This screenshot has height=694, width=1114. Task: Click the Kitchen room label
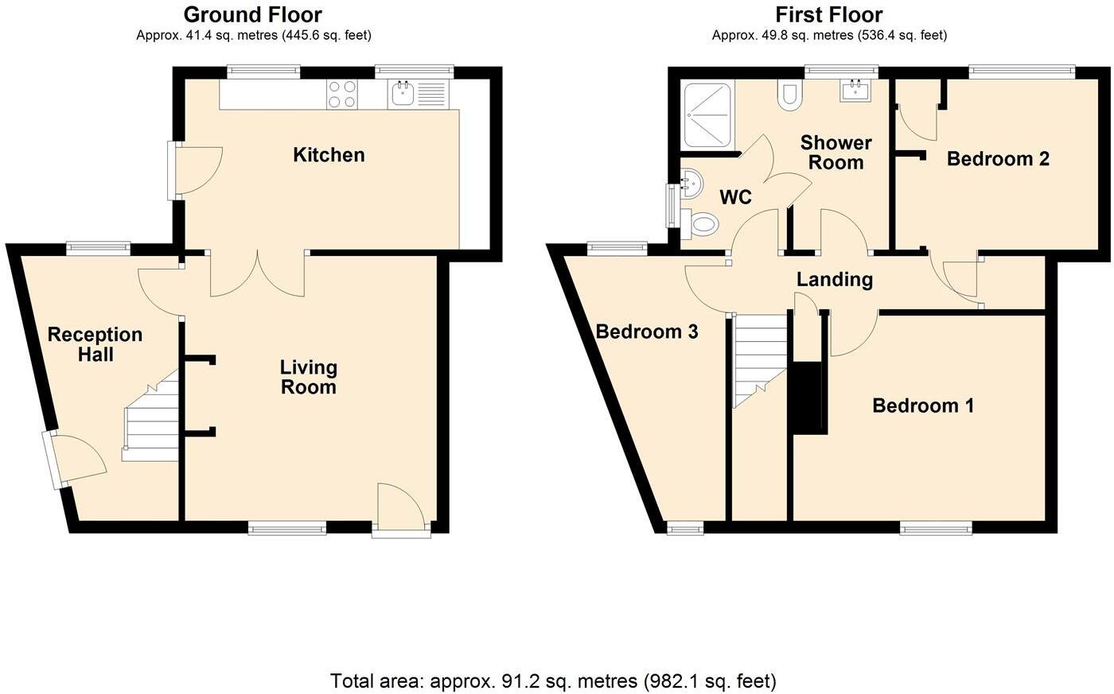coord(329,155)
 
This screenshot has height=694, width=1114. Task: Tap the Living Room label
coord(309,378)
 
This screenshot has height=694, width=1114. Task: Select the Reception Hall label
coord(95,344)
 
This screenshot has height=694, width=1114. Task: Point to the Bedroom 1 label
coord(923,406)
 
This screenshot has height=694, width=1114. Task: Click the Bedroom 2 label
coord(998,159)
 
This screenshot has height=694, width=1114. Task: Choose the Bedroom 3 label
coord(647,331)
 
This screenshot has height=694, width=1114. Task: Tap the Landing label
coord(835,280)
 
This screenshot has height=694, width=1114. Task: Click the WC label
coord(735,197)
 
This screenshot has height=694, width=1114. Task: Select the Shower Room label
coord(835,153)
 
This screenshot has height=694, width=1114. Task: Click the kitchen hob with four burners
coord(343,95)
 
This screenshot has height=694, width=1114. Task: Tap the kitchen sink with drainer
coord(419,95)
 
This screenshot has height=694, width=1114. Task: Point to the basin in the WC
coord(690,184)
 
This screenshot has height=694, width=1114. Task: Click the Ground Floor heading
coord(253,14)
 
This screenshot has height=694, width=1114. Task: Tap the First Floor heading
coord(829,14)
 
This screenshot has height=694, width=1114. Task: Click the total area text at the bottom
coord(553,681)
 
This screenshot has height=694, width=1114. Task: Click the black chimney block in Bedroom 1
coord(809,397)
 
